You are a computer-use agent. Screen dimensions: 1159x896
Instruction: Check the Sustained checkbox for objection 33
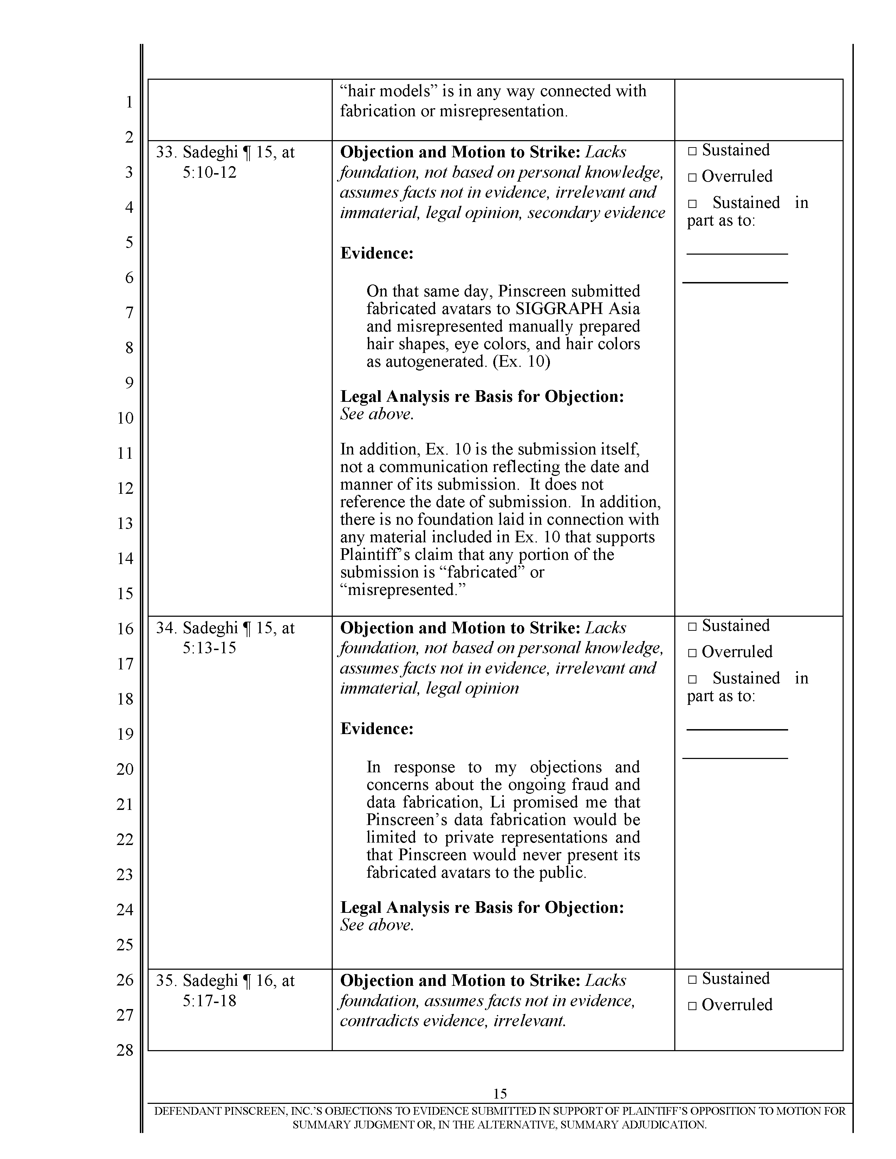[x=692, y=151]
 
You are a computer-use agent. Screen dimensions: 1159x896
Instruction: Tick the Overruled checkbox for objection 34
[x=692, y=653]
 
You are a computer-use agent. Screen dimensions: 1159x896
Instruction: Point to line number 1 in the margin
[x=129, y=102]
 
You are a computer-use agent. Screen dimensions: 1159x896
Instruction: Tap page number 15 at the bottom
[x=500, y=1094]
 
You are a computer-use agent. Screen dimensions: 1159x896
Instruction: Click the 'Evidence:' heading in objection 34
[x=376, y=729]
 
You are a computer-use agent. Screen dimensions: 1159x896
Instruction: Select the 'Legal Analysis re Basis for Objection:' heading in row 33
[x=481, y=397]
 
